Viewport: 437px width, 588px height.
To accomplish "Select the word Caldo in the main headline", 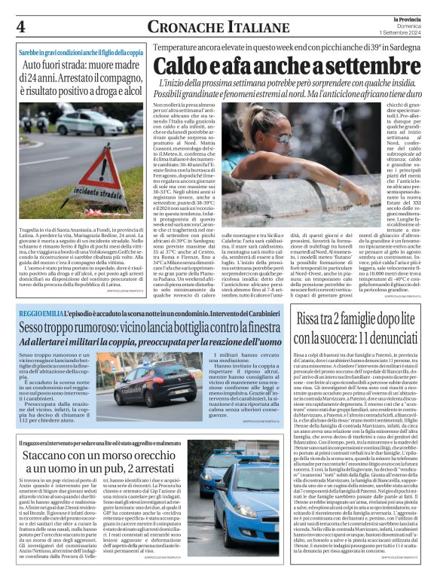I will point(188,67).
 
